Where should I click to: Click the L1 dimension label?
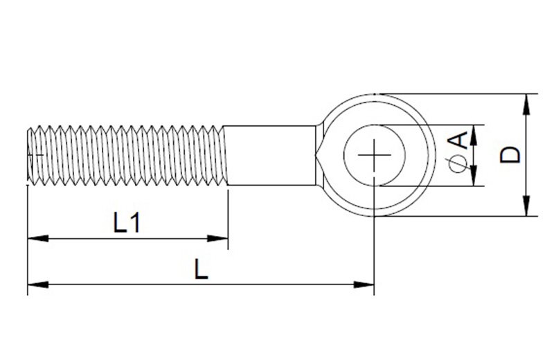127,223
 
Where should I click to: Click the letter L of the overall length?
201,269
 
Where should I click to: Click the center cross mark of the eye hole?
375,155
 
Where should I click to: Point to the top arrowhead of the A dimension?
474,132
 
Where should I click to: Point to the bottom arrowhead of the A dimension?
474,179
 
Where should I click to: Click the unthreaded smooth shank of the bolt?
270,155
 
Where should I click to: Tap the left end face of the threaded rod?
28,155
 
